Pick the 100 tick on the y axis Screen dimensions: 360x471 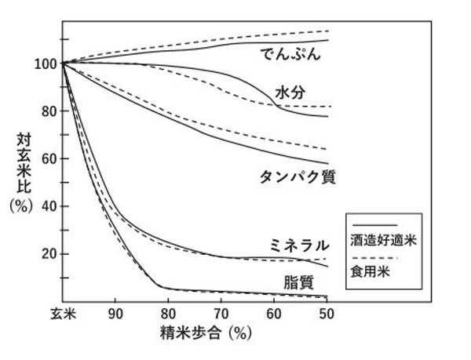(46, 64)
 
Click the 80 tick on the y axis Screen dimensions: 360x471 (49, 111)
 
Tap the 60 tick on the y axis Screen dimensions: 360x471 (49, 159)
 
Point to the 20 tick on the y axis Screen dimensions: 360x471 (49, 254)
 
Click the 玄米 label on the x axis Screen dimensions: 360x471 (64, 314)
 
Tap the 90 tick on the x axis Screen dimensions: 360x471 (116, 314)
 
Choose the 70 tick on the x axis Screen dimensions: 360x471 (222, 314)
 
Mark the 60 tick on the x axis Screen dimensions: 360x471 (274, 314)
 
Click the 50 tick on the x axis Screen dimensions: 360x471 (327, 314)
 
